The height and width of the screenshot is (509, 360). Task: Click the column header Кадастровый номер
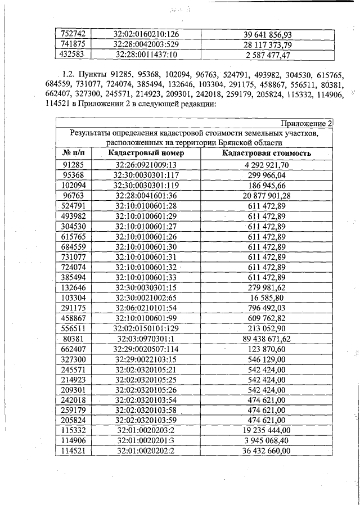click(146, 154)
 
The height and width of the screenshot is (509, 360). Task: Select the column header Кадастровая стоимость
click(267, 154)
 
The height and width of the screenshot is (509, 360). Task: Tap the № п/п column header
click(74, 154)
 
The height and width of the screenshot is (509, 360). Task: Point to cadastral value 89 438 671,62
click(267, 339)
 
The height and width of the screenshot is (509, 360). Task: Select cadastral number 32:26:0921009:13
click(146, 165)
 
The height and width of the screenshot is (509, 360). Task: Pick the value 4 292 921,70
click(267, 165)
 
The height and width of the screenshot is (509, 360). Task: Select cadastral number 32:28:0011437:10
click(146, 55)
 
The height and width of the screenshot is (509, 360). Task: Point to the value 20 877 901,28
click(267, 196)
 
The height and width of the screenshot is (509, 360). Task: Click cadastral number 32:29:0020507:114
click(146, 350)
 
